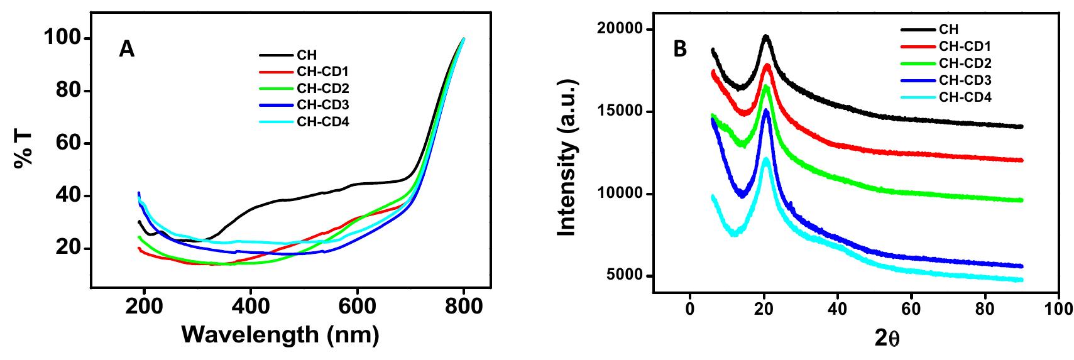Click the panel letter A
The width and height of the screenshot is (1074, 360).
click(x=127, y=50)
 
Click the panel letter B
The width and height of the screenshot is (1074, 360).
click(x=680, y=50)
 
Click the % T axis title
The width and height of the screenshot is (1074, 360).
click(x=23, y=153)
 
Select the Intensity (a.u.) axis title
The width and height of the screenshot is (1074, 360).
click(x=567, y=162)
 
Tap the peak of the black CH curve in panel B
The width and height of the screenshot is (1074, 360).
click(x=765, y=36)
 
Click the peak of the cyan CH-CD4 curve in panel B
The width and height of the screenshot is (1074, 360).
click(x=765, y=159)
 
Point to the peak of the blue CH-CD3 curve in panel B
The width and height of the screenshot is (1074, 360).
click(x=765, y=111)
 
